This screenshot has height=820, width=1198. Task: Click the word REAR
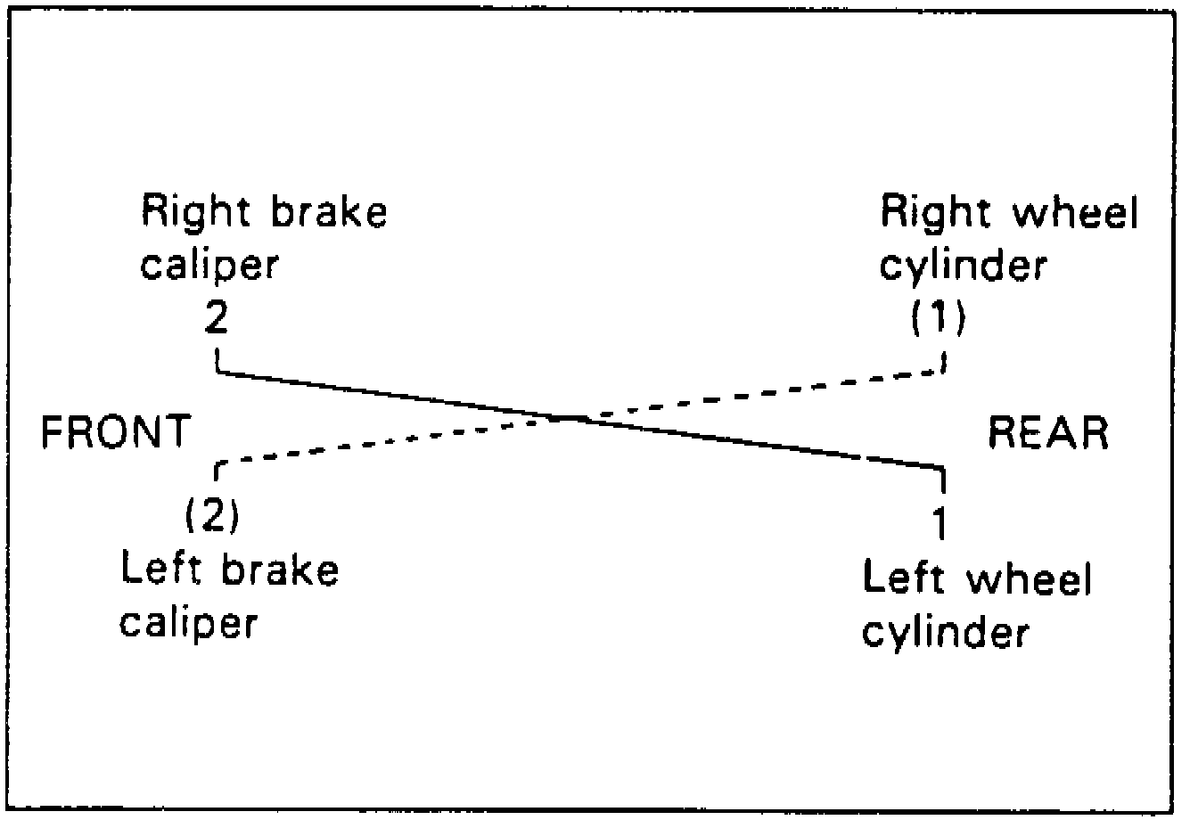click(x=1049, y=432)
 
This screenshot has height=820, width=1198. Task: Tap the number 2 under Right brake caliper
click(x=217, y=317)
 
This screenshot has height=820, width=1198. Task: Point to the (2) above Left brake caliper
click(x=212, y=515)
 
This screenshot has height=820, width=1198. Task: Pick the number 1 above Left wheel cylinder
click(x=936, y=523)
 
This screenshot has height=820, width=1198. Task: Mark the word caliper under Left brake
click(x=188, y=621)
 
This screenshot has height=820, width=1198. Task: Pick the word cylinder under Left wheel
click(x=946, y=632)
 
